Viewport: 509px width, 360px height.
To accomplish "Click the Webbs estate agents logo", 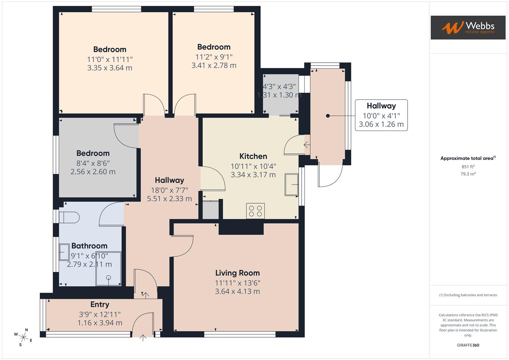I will tap(468, 27).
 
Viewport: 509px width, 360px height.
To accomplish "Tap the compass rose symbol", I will tap(23, 337).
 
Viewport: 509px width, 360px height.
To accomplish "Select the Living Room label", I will tap(237, 273).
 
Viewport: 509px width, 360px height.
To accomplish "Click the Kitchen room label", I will tap(253, 156).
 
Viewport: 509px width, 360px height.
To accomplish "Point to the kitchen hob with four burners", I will tap(255, 211).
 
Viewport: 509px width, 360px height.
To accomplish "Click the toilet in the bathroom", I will tap(69, 218).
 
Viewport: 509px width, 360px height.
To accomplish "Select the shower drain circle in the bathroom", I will tap(108, 277).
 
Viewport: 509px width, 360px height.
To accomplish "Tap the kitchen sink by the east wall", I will tap(291, 184).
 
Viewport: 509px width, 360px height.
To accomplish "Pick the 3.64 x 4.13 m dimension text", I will tap(237, 291).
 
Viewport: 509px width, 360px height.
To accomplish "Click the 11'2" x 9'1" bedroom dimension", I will tap(214, 57).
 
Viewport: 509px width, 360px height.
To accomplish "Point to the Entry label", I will tap(100, 304).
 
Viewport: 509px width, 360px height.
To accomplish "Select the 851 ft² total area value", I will tap(468, 167).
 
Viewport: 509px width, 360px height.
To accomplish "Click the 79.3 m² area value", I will tap(468, 174).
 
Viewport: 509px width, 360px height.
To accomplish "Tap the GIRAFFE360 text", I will tap(468, 345).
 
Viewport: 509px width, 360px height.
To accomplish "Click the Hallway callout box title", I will tap(381, 106).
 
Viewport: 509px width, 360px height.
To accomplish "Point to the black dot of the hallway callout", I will tap(328, 116).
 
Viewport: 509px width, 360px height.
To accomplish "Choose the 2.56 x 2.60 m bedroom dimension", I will tap(93, 172).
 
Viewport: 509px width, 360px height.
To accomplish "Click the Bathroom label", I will tap(89, 246).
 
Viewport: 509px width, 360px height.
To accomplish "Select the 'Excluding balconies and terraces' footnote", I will tap(468, 295).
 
